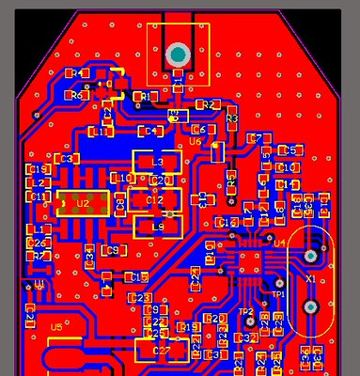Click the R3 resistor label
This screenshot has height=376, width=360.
click(x=231, y=118)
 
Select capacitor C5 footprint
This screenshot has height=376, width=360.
click(x=290, y=150)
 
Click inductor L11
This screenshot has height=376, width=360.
click(x=101, y=133)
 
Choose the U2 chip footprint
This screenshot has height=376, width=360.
click(x=83, y=202)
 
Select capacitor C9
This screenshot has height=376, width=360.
click(x=113, y=250)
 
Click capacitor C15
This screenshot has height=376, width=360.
click(x=138, y=276)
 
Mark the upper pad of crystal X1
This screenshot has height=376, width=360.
click(x=310, y=255)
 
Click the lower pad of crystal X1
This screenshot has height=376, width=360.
click(x=310, y=307)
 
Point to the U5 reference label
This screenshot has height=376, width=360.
click(x=56, y=327)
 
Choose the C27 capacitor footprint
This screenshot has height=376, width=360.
click(x=161, y=351)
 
